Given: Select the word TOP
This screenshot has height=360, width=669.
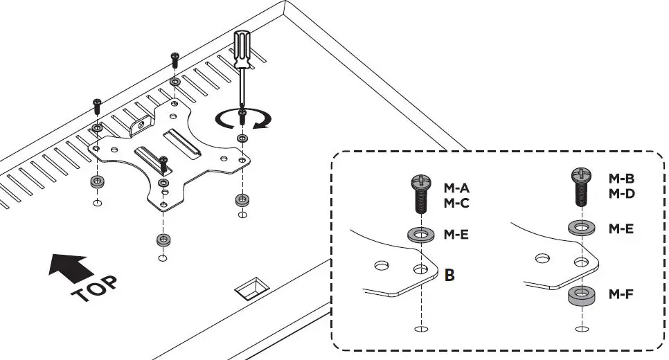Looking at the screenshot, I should coord(94,289).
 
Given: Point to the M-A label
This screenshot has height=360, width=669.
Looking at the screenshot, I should coord(457,188).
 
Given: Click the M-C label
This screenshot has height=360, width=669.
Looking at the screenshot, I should coord(457,203).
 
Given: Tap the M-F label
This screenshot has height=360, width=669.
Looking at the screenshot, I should coord(622,294).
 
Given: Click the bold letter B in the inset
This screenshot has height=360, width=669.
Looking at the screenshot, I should coord(449,275).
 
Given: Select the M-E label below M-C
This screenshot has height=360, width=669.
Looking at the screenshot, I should coord(456,235).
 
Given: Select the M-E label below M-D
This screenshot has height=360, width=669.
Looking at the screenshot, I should coord(622,228).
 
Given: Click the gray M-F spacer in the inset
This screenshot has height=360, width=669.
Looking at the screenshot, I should coord(582,296).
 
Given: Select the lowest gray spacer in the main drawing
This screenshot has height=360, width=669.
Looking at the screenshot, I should coord(162,240).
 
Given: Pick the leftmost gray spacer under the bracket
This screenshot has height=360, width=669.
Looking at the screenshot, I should coord(96,183).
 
